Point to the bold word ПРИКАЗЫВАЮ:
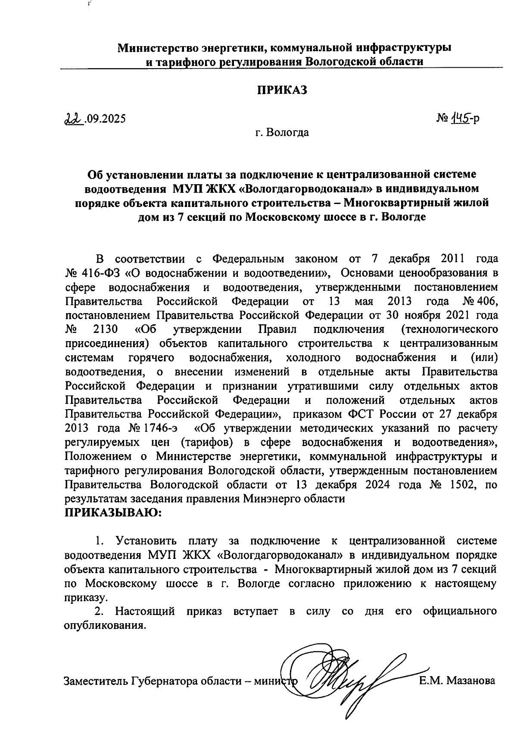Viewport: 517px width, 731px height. (113, 513)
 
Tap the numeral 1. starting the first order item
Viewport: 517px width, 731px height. (100, 541)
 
